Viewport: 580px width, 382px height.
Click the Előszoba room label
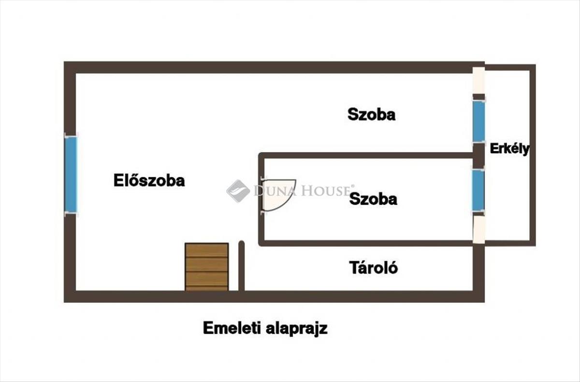[x=149, y=181]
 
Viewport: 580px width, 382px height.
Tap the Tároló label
[x=374, y=267]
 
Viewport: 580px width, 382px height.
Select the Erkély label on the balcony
[x=509, y=149]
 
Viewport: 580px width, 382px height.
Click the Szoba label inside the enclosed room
[x=373, y=198]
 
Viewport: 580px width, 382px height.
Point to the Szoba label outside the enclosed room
[x=371, y=114]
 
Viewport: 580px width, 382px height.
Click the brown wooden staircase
[x=206, y=267]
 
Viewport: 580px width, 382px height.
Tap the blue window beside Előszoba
[x=71, y=174]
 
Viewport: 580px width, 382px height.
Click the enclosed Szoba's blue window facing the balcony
[x=478, y=190]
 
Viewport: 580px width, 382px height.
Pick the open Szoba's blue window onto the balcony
[x=478, y=121]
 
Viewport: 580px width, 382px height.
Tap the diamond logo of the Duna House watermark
[x=238, y=191]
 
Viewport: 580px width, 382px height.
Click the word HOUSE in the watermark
[x=327, y=191]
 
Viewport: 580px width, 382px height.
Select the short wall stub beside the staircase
[x=242, y=266]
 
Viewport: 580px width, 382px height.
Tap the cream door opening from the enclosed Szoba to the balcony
[x=478, y=228]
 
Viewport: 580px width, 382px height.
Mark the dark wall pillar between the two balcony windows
[x=478, y=154]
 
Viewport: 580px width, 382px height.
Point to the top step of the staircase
[x=206, y=250]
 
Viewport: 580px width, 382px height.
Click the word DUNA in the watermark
[x=272, y=191]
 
